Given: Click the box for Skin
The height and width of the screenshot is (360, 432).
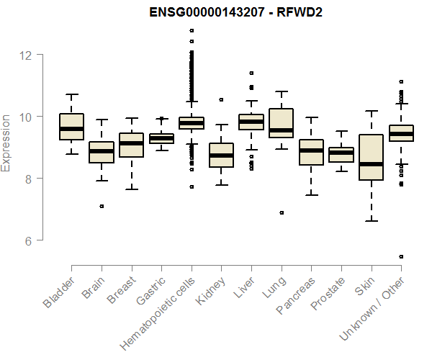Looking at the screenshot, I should [371, 157].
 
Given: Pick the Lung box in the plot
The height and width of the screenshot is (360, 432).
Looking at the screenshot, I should [281, 123].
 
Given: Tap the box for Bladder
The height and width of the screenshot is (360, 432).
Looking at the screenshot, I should [71, 127].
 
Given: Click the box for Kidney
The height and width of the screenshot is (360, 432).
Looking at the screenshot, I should [221, 156].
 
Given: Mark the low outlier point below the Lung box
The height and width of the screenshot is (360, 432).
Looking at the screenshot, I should [282, 212].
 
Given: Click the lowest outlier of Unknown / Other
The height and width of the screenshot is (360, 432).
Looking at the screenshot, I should [401, 256].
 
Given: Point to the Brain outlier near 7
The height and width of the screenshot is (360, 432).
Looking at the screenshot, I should [102, 206].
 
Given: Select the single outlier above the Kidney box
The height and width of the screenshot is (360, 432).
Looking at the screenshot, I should [221, 99].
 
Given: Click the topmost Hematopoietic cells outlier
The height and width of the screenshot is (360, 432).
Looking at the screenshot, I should [192, 30].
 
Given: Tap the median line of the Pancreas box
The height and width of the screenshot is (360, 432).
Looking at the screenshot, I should [311, 150].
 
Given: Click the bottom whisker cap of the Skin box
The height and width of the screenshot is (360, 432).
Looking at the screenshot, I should [371, 221].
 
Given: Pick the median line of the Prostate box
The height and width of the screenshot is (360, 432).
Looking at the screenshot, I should [341, 153].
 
